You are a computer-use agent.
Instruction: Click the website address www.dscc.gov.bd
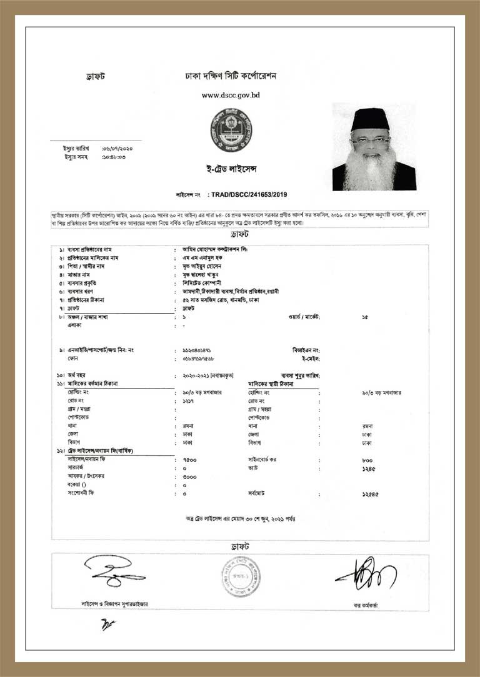[x=231, y=96]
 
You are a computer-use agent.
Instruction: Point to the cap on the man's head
[x=370, y=119]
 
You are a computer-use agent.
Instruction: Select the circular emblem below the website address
[x=231, y=131]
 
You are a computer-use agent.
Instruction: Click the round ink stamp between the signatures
[x=240, y=576]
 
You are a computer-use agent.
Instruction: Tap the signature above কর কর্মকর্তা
[x=366, y=573]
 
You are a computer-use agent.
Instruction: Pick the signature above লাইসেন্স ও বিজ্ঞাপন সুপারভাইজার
[x=112, y=572]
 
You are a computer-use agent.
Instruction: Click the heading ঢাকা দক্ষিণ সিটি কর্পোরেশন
[x=231, y=76]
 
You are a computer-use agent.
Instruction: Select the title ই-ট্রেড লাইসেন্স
[x=231, y=169]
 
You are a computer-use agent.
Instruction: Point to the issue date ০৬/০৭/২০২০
[x=117, y=149]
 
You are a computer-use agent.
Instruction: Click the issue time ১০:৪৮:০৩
[x=114, y=156]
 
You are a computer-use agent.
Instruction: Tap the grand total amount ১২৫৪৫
[x=370, y=494]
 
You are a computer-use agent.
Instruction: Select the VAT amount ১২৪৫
[x=369, y=468]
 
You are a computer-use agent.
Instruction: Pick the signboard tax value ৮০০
[x=367, y=459]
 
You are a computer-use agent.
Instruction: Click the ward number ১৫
[x=365, y=317]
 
